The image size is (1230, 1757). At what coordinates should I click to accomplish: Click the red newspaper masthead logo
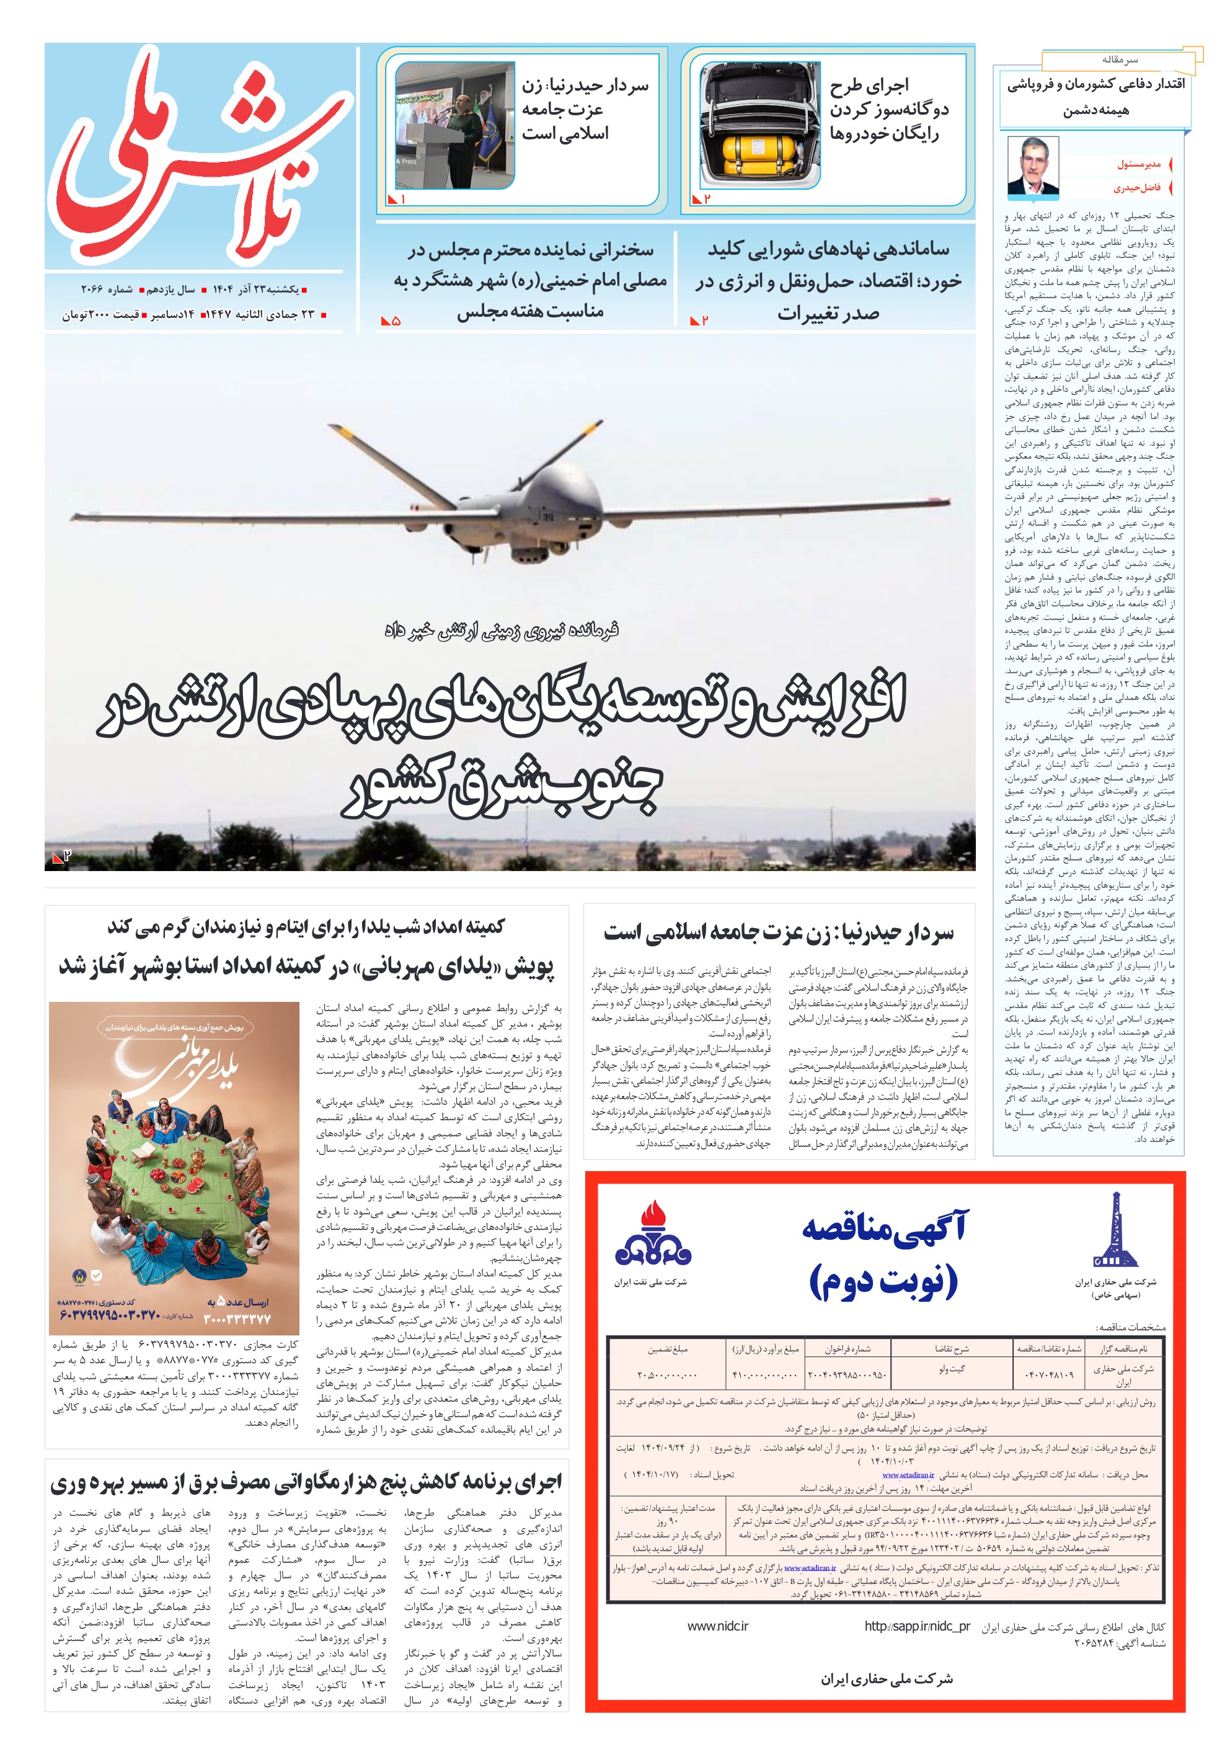click(x=199, y=157)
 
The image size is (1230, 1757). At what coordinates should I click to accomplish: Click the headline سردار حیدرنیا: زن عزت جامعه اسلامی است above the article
click(x=779, y=932)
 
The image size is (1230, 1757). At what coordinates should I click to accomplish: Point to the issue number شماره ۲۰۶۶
click(x=107, y=290)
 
